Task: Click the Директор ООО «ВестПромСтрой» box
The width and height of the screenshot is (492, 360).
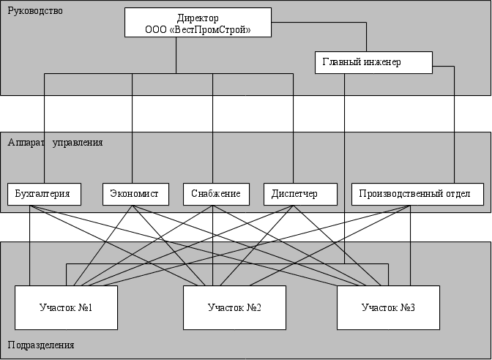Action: click(x=198, y=23)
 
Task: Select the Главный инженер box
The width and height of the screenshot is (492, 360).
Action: click(x=373, y=62)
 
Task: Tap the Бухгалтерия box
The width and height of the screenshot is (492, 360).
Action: click(x=44, y=194)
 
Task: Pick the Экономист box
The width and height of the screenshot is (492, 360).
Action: click(x=135, y=194)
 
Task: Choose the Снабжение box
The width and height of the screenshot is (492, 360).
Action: click(x=216, y=194)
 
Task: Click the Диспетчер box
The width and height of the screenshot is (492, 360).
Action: click(x=299, y=194)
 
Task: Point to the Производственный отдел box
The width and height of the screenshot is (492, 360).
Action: click(x=417, y=194)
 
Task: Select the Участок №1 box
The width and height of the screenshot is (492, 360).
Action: click(x=66, y=307)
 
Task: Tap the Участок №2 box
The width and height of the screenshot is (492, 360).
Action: click(x=234, y=307)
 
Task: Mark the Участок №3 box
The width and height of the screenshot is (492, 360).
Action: click(x=388, y=307)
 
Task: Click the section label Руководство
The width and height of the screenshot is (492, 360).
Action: click(x=35, y=11)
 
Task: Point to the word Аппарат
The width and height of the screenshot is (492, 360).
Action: click(x=26, y=142)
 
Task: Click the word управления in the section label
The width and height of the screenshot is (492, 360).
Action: click(x=78, y=142)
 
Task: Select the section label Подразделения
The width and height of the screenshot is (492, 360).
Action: click(x=41, y=345)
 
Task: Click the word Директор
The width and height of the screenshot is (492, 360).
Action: click(x=198, y=18)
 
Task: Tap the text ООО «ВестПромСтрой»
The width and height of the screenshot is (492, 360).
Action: click(x=198, y=29)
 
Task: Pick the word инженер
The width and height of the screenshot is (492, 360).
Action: click(x=382, y=62)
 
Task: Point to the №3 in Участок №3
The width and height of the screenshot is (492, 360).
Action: click(x=409, y=307)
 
